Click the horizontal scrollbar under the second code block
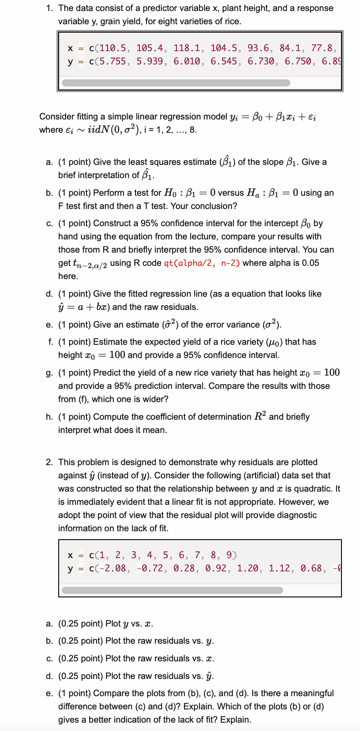172,590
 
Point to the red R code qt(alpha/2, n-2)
202,263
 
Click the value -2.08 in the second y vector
113,568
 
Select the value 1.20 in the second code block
248,568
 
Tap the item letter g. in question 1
49,373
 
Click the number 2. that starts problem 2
49,462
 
